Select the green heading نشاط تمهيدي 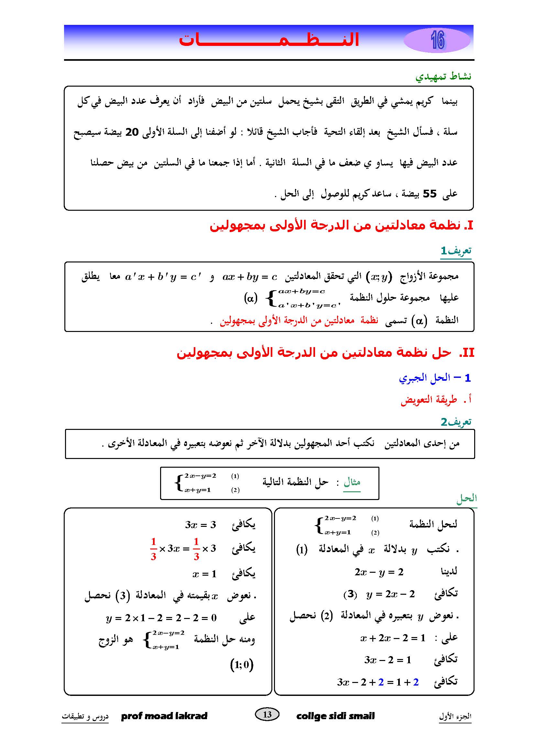pyautogui.click(x=443, y=77)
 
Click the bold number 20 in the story pyautogui.click(x=132, y=133)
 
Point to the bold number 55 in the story pyautogui.click(x=429, y=194)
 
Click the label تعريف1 pyautogui.click(x=456, y=251)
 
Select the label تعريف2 pyautogui.click(x=456, y=422)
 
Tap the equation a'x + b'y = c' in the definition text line pyautogui.click(x=163, y=277)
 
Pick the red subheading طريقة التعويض pyautogui.click(x=429, y=399)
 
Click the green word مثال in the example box pyautogui.click(x=352, y=482)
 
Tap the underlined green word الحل pyautogui.click(x=466, y=498)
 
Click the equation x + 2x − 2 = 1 pyautogui.click(x=393, y=638)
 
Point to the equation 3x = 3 pyautogui.click(x=200, y=525)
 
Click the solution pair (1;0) pyautogui.click(x=242, y=665)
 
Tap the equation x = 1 pyautogui.click(x=204, y=574)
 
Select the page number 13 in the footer pyautogui.click(x=267, y=714)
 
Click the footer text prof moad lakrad pyautogui.click(x=164, y=716)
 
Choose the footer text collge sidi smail pyautogui.click(x=335, y=716)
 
